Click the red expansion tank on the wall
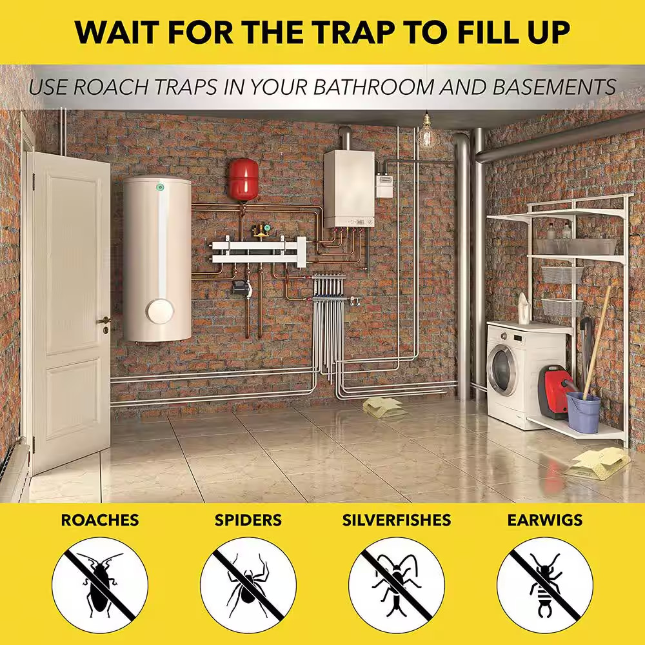(x=244, y=179)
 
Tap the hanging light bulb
(x=426, y=133)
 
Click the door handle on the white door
(x=104, y=320)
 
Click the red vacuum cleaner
(x=553, y=392)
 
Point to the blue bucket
(x=584, y=412)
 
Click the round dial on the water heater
(x=159, y=311)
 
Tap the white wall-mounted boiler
(x=349, y=189)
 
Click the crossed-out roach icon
(x=100, y=585)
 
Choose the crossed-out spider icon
(x=248, y=585)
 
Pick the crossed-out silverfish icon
(x=397, y=585)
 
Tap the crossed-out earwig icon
(x=545, y=585)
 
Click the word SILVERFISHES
(x=397, y=520)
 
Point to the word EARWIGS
(x=544, y=520)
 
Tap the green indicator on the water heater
(x=159, y=188)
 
